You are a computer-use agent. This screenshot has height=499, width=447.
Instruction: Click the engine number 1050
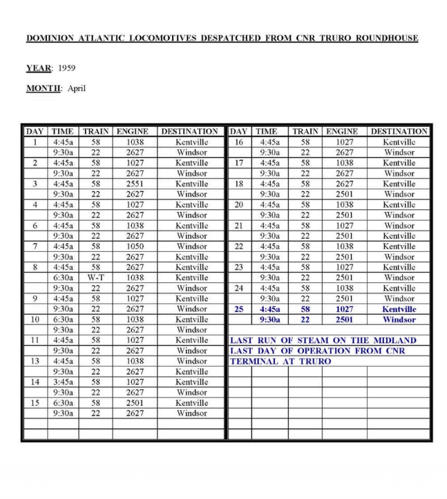[x=134, y=246]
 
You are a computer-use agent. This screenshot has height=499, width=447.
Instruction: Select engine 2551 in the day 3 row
[x=134, y=184]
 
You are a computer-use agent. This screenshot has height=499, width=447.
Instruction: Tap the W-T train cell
[x=96, y=277]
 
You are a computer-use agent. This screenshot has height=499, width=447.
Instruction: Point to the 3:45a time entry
[x=63, y=382]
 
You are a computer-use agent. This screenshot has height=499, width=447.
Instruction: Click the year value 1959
[x=66, y=68]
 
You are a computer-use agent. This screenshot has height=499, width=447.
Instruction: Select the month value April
[x=77, y=88]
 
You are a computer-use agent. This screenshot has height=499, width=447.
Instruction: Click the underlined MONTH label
[x=43, y=88]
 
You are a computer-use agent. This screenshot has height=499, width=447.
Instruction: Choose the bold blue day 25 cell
[x=239, y=309]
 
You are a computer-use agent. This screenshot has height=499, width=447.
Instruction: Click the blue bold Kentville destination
[x=399, y=309]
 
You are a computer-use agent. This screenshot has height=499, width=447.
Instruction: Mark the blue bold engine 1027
[x=344, y=309]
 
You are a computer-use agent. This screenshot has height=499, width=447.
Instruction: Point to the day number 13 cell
[x=35, y=361]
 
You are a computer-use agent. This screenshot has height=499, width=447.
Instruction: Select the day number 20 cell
[x=239, y=205]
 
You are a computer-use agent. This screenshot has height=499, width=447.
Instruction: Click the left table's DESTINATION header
[x=190, y=132]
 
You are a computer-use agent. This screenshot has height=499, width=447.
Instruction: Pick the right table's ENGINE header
[x=342, y=132]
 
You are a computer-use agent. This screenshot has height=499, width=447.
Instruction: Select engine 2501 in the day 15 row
[x=134, y=403]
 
